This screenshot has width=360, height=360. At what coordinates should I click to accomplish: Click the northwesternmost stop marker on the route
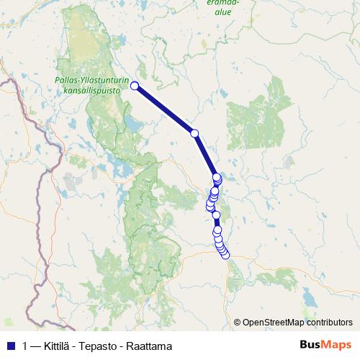click(135, 86)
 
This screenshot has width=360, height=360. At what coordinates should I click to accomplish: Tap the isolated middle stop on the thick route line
click(194, 132)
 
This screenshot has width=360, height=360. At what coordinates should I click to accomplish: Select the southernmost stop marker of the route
click(225, 254)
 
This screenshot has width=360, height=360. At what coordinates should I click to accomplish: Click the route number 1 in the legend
click(26, 345)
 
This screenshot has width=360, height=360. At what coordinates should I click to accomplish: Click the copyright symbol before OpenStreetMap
click(238, 323)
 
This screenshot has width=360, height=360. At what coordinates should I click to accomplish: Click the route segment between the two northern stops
click(164, 109)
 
